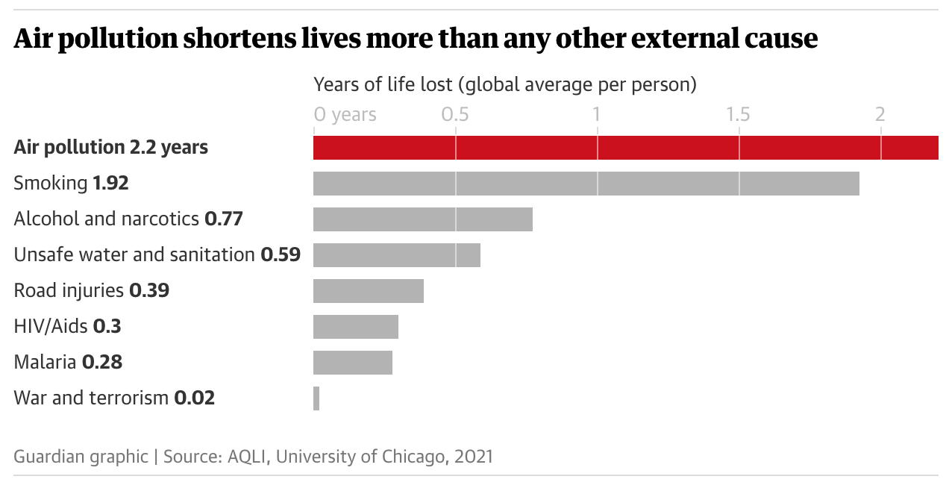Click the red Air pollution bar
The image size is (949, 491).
coord(625,148)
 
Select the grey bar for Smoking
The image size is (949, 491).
coord(586,184)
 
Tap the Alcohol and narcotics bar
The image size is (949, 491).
coord(422,219)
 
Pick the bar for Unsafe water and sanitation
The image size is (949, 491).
coord(396,255)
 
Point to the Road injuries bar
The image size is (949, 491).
coord(368,291)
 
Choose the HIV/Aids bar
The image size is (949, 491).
coord(355,327)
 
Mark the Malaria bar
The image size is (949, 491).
coord(352,363)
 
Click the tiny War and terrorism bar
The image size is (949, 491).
coord(316,398)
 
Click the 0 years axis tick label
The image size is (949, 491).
coord(345,115)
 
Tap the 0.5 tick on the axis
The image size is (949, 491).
coord(455,115)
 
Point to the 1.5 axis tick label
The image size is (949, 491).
coord(739,115)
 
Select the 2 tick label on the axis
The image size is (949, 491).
coord(880,115)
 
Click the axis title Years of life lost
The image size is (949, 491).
coord(504,84)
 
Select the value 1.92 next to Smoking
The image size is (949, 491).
coord(110,183)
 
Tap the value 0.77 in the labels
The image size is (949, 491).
coord(224,219)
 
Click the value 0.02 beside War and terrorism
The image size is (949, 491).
coord(194,398)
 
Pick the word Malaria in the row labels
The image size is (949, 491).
coord(45,362)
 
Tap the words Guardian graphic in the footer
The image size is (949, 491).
coord(81,456)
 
